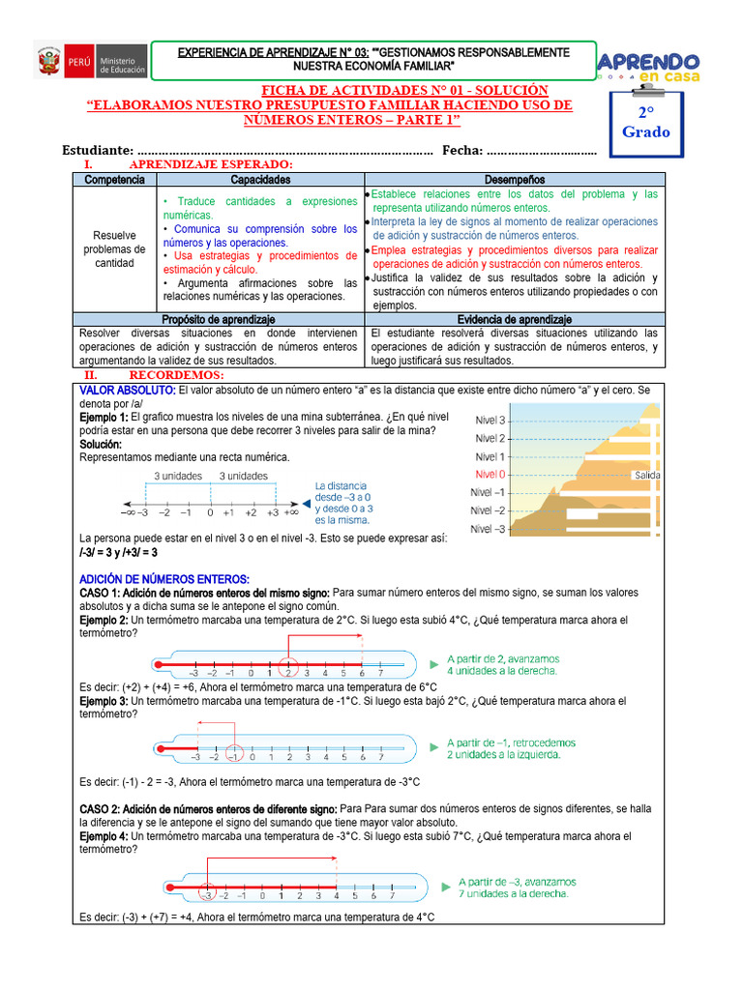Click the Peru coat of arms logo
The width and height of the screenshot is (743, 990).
(x=49, y=63)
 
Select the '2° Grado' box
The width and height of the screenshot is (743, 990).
(x=645, y=122)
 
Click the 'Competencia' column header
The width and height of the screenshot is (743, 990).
(x=115, y=180)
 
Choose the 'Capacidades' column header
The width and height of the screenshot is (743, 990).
(x=260, y=180)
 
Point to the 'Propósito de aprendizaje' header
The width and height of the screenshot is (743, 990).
(x=219, y=319)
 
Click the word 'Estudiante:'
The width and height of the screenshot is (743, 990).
(x=97, y=150)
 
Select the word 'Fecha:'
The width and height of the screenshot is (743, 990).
(x=461, y=150)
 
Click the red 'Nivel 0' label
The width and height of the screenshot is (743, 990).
(x=489, y=475)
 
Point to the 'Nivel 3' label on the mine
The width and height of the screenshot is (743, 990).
(x=489, y=420)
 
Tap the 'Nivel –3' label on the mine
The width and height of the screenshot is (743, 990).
(x=488, y=529)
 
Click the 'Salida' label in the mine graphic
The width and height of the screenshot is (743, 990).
(x=647, y=475)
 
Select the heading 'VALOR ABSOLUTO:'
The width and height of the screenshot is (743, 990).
(x=127, y=390)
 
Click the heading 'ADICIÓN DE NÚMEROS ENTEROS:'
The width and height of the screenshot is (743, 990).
(x=164, y=578)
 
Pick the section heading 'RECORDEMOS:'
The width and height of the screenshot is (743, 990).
(x=176, y=374)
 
